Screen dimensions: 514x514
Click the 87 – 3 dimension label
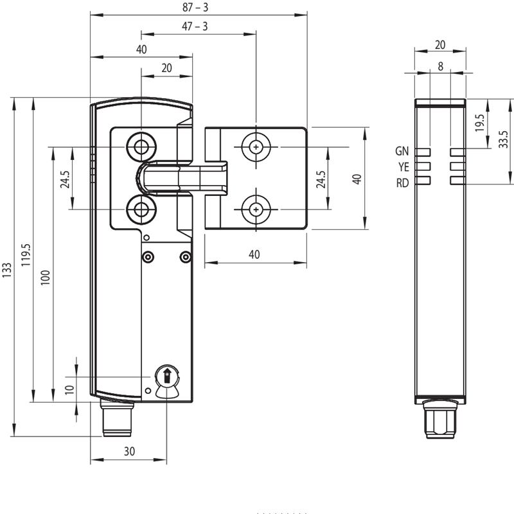[195, 8]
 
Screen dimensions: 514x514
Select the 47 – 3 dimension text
[195, 26]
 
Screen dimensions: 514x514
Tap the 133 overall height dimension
[7, 270]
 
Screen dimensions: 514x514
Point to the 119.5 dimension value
[26, 255]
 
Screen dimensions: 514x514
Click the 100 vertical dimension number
[46, 278]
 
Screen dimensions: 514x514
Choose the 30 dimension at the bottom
[129, 452]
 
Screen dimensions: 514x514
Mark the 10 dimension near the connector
[69, 390]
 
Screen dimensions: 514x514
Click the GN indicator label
[402, 151]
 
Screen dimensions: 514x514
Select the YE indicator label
[403, 167]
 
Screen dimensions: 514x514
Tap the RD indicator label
[403, 183]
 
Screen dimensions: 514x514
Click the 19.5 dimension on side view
[479, 123]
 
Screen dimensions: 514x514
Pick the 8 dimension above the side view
[440, 67]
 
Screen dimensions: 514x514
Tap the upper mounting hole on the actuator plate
[256, 147]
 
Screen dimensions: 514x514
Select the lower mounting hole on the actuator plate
[256, 209]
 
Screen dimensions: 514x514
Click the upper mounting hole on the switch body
[141, 147]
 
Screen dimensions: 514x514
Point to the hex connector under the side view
[440, 420]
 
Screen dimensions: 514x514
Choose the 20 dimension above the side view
[440, 45]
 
